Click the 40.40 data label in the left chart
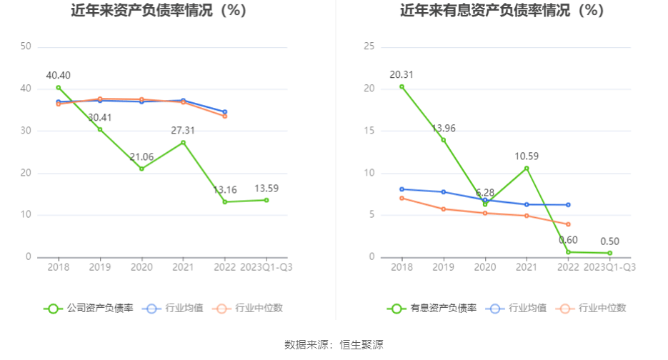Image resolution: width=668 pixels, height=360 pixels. [x=58, y=75]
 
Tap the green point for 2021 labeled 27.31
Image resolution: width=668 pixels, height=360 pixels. [x=183, y=142]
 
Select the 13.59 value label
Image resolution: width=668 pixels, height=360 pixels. [x=266, y=189]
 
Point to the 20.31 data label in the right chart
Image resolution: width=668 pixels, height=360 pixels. [x=402, y=74]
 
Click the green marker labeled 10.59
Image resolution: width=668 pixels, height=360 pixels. [x=527, y=168]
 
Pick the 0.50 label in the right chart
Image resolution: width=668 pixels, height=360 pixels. [x=610, y=241]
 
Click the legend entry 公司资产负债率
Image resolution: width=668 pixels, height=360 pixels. [x=89, y=309]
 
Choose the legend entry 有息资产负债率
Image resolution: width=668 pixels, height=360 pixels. [x=432, y=309]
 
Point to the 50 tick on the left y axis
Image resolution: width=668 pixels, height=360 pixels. [x=26, y=46]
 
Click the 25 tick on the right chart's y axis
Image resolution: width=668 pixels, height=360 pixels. [x=369, y=46]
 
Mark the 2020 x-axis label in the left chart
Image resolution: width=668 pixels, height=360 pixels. [x=141, y=267]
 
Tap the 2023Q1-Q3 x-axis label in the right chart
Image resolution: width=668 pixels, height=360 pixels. [x=610, y=267]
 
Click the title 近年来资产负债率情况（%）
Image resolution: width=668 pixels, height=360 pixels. [x=159, y=11]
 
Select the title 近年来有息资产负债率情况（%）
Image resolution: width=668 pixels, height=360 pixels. [x=501, y=11]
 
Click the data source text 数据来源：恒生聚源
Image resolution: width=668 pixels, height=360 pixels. [x=334, y=344]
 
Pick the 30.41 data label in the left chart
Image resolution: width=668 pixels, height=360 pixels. [x=100, y=117]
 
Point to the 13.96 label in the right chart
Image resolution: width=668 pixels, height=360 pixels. [x=443, y=129]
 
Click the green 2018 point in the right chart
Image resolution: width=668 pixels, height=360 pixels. [x=402, y=86]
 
